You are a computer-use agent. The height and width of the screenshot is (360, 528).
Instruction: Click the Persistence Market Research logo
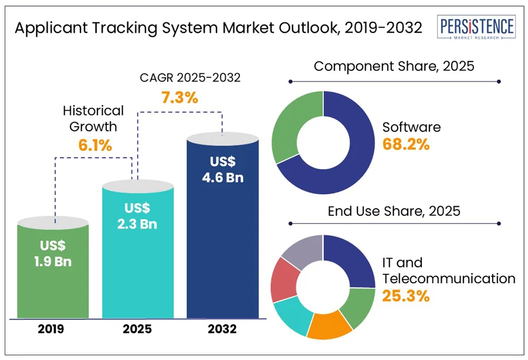tap(476, 28)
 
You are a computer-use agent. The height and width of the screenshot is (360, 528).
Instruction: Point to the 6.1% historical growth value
tap(94, 145)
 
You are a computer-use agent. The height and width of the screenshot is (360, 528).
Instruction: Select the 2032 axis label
tap(222, 330)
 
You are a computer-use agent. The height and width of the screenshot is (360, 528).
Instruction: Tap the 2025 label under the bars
tap(138, 330)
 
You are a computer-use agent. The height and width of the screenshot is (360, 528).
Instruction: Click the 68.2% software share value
tap(406, 144)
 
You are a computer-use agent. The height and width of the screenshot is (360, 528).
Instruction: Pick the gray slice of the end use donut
tap(301, 251)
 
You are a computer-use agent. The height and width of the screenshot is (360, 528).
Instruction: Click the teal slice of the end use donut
tap(292, 315)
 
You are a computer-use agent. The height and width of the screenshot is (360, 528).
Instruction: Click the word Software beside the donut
tap(411, 127)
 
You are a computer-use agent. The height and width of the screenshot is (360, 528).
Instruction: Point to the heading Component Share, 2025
tap(394, 66)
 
